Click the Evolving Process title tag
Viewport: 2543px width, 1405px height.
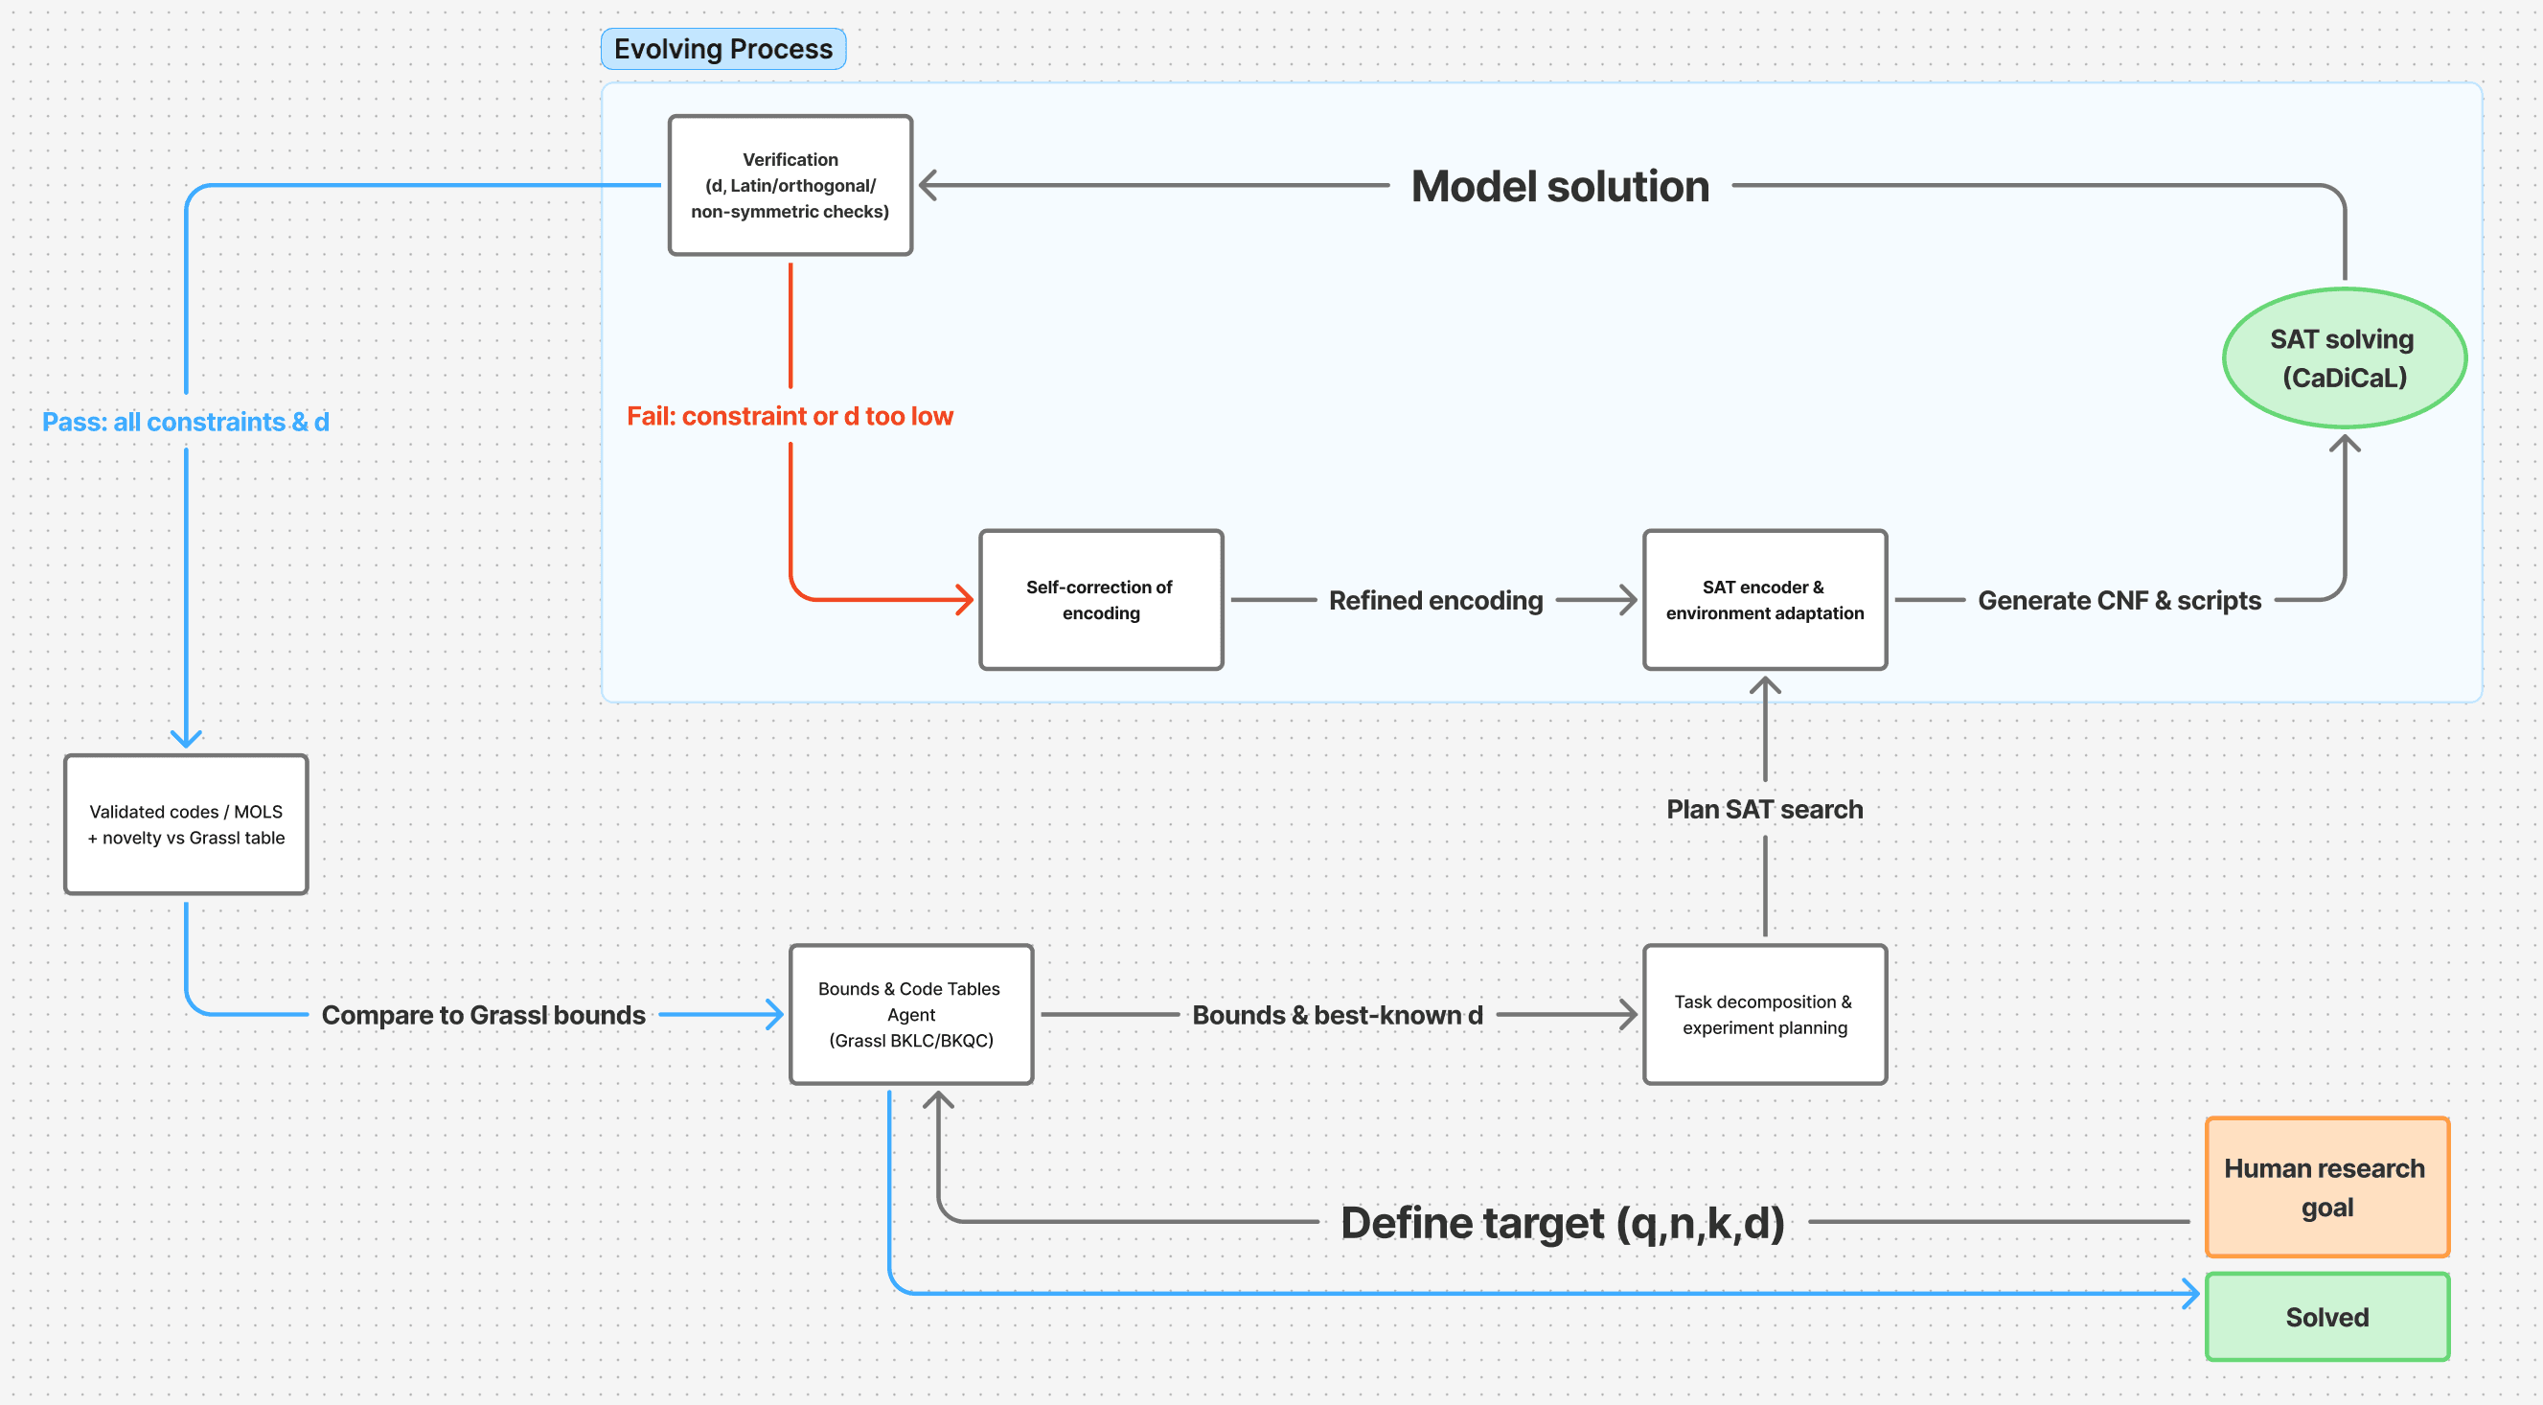pos(722,48)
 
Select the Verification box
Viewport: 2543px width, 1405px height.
pos(790,185)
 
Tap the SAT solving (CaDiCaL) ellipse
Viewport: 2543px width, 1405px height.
pos(2344,357)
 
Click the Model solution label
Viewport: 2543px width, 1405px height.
pos(1560,186)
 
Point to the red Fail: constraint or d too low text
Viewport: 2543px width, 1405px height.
pos(790,416)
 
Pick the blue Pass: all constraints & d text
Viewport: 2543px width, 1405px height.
pos(186,422)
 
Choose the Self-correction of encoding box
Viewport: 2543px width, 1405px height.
pos(1101,599)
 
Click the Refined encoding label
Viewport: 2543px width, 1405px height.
pos(1435,600)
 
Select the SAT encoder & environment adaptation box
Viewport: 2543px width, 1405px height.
pos(1764,599)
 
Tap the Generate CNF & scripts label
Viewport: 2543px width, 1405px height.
pos(2119,600)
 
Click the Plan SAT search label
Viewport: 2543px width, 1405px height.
pos(1764,809)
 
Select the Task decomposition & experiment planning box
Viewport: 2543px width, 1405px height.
pos(1764,1014)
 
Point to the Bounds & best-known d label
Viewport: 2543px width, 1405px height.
pos(1337,1015)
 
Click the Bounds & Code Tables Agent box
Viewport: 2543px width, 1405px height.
pos(910,1014)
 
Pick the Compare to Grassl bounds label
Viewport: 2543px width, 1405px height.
pos(483,1015)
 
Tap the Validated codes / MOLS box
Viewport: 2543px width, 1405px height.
pos(186,824)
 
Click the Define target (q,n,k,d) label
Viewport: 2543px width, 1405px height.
pos(1562,1222)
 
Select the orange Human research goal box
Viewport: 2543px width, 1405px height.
pos(2326,1186)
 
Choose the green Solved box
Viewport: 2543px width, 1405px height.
pos(2326,1316)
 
